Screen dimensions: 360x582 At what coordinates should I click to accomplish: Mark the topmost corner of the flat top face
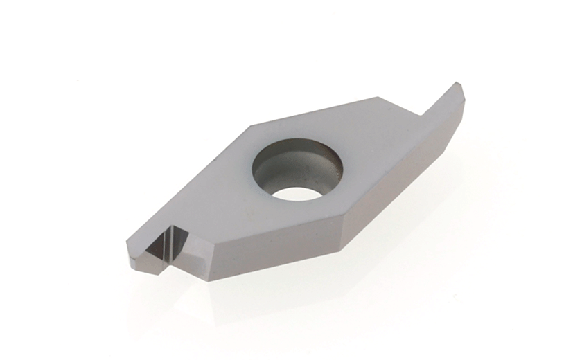coord(378,98)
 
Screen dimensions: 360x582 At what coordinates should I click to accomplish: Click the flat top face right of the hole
coord(374,159)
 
